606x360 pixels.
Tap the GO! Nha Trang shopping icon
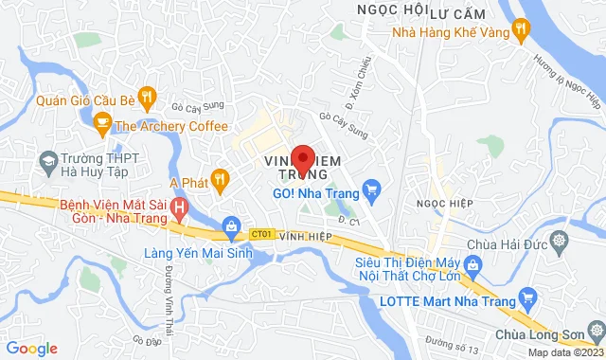coord(372,190)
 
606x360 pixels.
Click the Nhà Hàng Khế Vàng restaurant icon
coord(519,30)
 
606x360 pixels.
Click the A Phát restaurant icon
coord(220,177)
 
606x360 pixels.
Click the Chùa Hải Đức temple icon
coord(561,239)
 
